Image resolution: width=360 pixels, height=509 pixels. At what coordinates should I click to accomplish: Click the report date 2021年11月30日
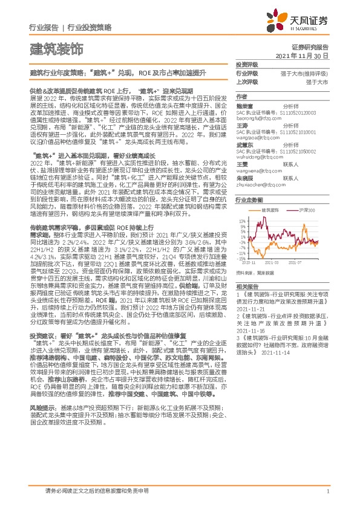[x=301, y=55]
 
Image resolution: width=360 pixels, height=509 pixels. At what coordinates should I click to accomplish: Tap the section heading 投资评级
[x=246, y=64]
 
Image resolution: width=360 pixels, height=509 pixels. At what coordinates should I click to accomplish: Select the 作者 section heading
[x=242, y=96]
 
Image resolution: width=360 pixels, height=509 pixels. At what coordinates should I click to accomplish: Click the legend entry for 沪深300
[x=307, y=210]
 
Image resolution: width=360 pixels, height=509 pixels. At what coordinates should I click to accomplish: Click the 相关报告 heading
[x=246, y=287]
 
